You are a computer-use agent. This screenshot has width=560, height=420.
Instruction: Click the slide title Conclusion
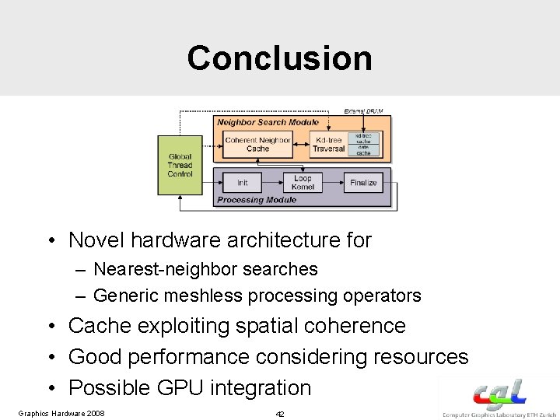click(x=279, y=58)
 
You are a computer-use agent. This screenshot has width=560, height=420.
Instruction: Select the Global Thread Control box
click(x=180, y=165)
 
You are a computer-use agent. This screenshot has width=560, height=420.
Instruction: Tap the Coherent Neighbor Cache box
click(x=257, y=145)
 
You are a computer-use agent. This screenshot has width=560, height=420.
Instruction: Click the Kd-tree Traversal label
click(x=329, y=145)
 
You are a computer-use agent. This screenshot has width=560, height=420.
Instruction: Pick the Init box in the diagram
click(x=243, y=183)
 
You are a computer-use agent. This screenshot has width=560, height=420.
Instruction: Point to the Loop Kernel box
click(x=302, y=183)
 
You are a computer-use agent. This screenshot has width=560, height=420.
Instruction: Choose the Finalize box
click(x=363, y=183)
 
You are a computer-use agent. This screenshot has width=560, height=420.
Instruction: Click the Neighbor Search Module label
click(x=268, y=122)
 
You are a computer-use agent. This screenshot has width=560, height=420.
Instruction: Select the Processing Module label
click(x=257, y=200)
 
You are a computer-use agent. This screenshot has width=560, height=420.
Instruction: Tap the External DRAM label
click(x=368, y=111)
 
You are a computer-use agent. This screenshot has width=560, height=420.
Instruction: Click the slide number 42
click(x=280, y=414)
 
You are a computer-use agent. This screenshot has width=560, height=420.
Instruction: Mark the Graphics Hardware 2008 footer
click(x=61, y=412)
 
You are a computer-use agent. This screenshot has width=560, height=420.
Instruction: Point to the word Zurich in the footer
click(x=546, y=414)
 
